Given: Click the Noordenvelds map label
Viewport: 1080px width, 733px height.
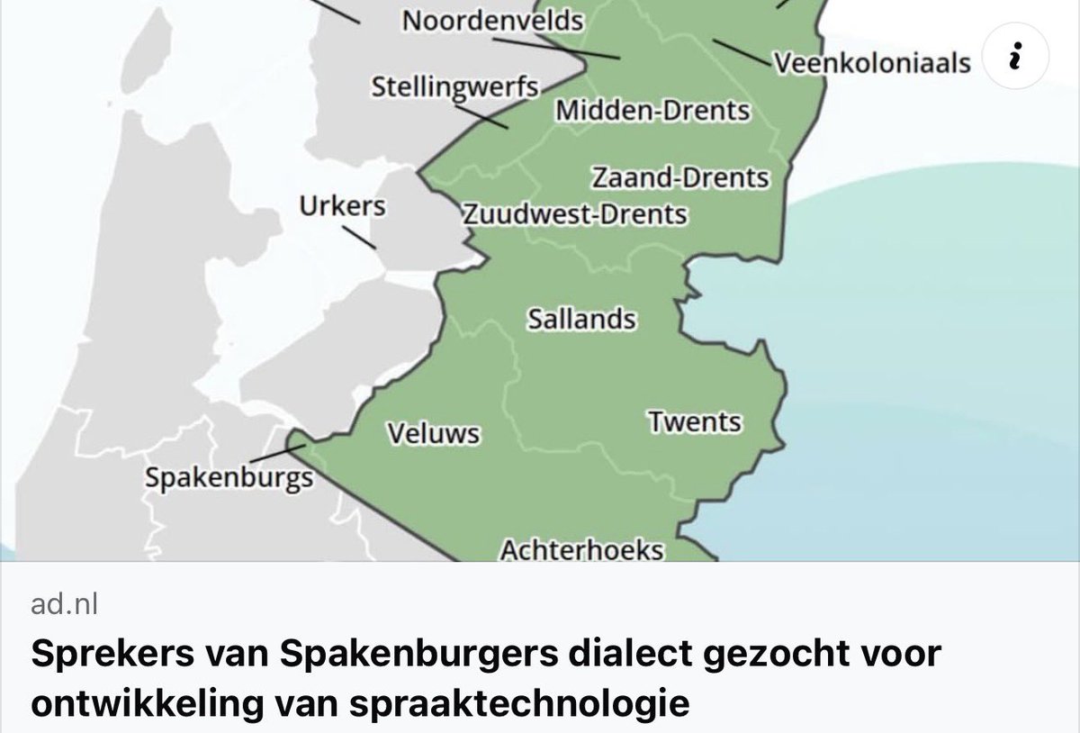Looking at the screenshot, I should click(x=492, y=21).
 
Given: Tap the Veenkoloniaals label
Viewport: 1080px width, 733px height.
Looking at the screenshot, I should click(x=872, y=63).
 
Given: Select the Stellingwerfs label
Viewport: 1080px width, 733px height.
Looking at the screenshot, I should click(x=455, y=88).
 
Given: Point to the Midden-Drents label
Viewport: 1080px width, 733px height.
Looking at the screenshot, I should click(x=652, y=112).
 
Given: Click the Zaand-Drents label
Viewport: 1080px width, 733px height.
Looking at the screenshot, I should click(x=679, y=178).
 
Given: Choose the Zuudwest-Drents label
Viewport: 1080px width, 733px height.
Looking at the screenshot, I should click(x=574, y=215).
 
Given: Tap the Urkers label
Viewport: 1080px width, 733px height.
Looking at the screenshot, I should click(x=342, y=206).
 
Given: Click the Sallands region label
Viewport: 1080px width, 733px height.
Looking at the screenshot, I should click(x=581, y=319).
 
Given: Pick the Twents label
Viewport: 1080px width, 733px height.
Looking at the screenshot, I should click(x=695, y=421).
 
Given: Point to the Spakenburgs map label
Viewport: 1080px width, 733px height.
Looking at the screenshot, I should click(x=229, y=477).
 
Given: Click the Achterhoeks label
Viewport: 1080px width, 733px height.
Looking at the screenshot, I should click(x=582, y=549).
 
